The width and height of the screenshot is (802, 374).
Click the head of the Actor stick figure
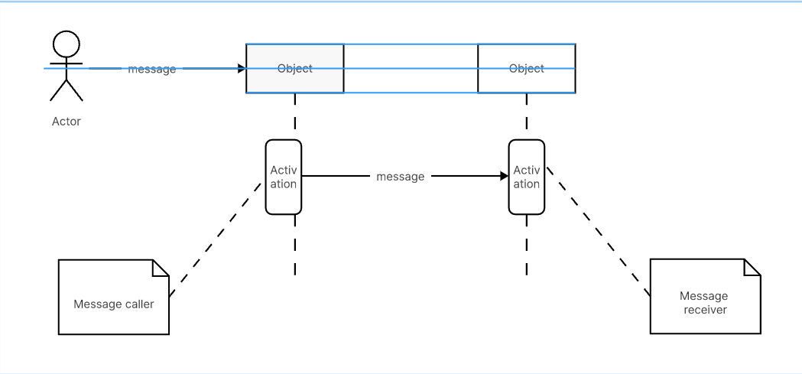[67, 42]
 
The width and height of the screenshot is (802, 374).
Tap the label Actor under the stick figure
[66, 121]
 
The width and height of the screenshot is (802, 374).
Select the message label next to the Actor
[151, 69]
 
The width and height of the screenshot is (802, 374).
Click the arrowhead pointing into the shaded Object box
[241, 69]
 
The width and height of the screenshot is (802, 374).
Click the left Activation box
[283, 177]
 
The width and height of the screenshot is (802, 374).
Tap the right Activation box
[527, 177]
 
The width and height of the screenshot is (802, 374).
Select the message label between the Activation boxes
[400, 177]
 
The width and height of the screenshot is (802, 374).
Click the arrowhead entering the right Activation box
[504, 176]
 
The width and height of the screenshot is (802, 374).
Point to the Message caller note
[113, 304]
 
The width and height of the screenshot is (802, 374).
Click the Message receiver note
[705, 303]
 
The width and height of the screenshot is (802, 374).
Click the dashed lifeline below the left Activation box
[294, 245]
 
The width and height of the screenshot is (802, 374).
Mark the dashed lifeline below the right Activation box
[527, 245]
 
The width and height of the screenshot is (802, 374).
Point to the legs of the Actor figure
[66, 90]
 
